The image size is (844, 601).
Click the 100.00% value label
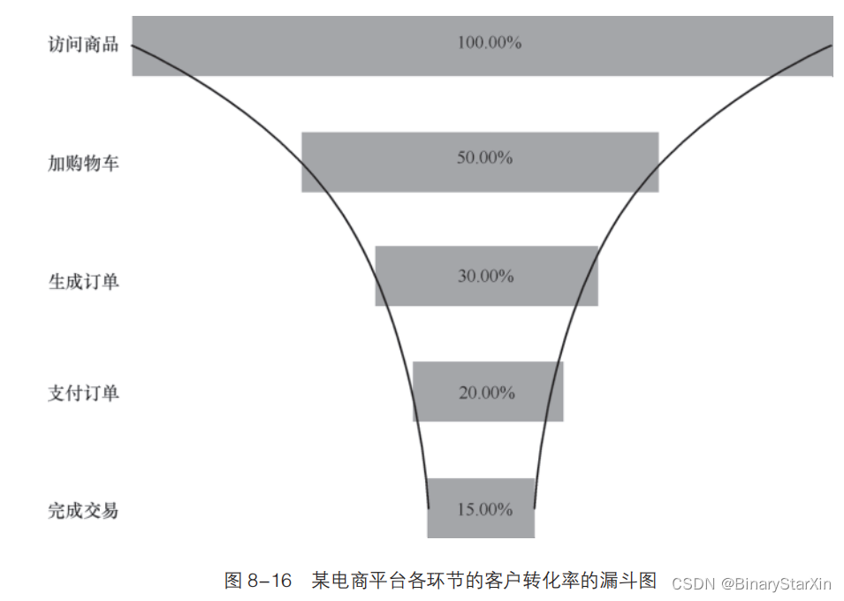click(489, 42)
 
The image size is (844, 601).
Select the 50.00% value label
click(484, 158)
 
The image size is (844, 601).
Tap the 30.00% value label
click(485, 276)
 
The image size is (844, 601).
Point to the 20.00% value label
click(486, 392)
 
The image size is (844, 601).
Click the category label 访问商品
click(83, 45)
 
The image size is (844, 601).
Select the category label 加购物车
click(83, 163)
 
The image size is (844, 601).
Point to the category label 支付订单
click(83, 394)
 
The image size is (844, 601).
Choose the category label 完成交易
click(83, 511)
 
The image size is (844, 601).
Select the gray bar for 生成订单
click(415, 276)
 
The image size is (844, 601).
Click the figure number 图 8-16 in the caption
click(258, 581)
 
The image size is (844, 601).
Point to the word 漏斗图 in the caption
click(631, 581)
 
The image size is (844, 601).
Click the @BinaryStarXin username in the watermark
click(775, 583)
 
